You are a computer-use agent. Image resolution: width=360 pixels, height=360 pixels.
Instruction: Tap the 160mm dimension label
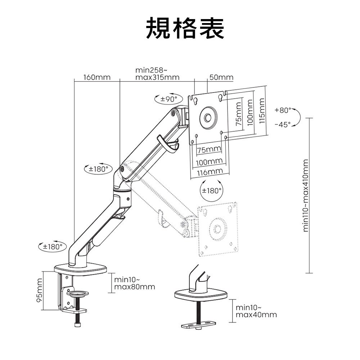click(97, 77)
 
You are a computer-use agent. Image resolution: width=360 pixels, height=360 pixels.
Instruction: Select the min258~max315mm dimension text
click(157, 73)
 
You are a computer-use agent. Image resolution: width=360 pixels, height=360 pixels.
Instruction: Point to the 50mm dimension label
click(221, 77)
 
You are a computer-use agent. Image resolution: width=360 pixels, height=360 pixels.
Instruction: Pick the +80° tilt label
click(282, 110)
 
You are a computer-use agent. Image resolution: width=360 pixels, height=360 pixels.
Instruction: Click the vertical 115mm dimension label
click(262, 111)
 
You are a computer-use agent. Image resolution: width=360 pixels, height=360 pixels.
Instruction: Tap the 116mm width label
click(210, 172)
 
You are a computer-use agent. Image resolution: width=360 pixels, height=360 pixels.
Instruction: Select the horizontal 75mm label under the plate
click(209, 149)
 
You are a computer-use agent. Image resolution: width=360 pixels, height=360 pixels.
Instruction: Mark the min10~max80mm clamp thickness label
click(135, 283)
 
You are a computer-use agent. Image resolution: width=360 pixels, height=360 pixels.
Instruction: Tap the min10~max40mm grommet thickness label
click(256, 311)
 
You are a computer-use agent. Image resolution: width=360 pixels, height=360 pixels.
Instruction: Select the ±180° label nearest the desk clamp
click(53, 247)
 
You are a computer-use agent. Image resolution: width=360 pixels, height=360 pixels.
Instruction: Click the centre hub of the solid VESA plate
click(208, 118)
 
